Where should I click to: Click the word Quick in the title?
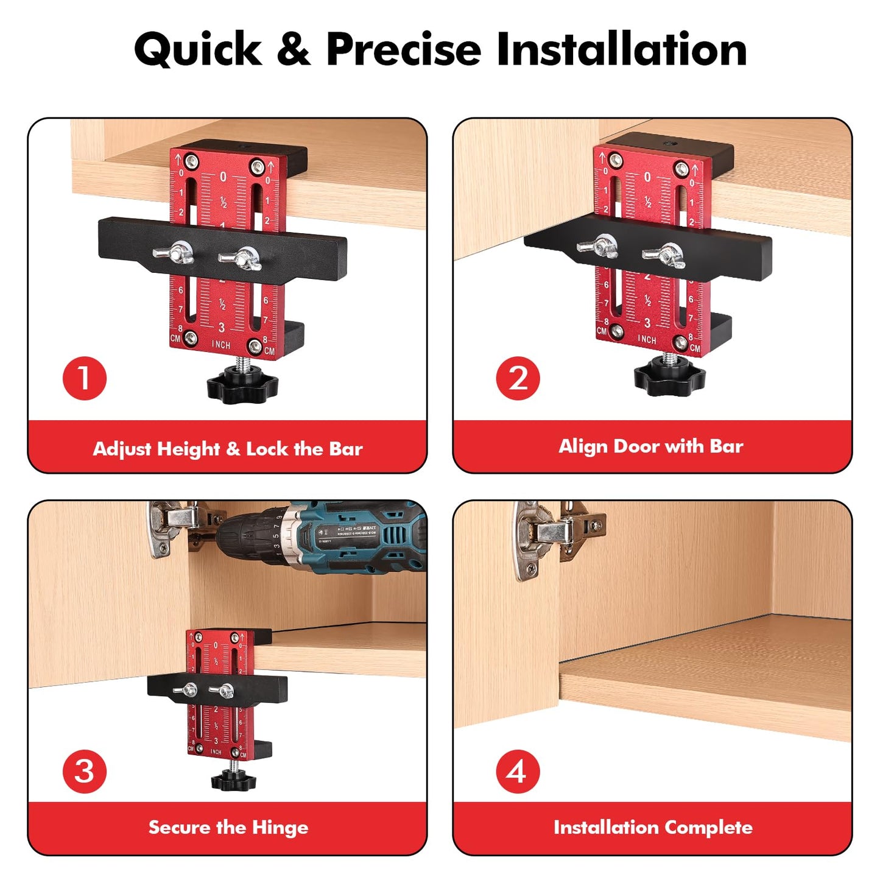click(x=198, y=49)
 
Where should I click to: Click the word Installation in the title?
click(x=622, y=49)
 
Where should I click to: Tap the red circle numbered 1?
click(x=85, y=378)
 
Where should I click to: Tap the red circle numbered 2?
click(x=518, y=378)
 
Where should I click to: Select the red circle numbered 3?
click(x=85, y=772)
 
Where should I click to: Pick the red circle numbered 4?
click(x=518, y=772)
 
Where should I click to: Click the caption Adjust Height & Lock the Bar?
click(x=228, y=449)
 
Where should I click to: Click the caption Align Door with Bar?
click(x=651, y=446)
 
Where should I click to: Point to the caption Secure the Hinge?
click(x=228, y=828)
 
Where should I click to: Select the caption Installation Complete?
click(x=653, y=828)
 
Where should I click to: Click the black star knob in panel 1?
click(x=242, y=385)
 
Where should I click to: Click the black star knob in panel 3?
click(x=233, y=780)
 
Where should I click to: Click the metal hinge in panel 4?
click(x=551, y=536)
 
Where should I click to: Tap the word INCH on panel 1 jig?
click(x=221, y=345)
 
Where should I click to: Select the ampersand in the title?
click(x=294, y=49)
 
